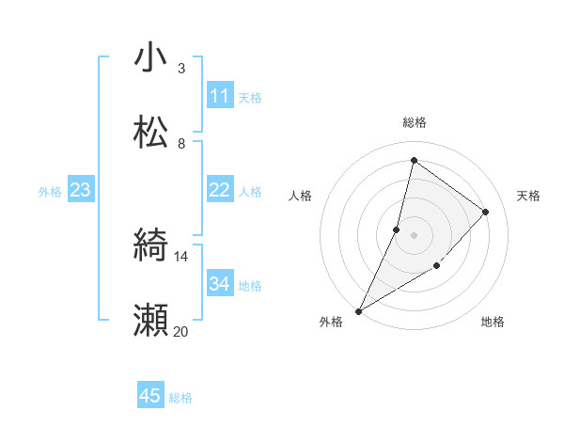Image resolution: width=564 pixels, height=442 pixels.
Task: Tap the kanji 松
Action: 151,133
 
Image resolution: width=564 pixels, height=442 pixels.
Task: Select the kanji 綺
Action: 151,246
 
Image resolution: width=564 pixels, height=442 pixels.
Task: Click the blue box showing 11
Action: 220,96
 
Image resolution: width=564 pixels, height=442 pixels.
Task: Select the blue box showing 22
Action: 220,190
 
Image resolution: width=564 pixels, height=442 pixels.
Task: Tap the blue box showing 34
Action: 220,284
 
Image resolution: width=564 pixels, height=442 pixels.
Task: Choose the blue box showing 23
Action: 81,190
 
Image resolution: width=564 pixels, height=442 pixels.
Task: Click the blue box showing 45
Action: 150,396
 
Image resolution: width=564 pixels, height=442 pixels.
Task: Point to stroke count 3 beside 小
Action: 181,68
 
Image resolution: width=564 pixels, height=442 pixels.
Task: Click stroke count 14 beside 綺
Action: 181,256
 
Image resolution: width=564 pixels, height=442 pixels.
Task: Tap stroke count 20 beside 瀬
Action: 181,331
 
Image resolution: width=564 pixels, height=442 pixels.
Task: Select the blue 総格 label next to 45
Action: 181,398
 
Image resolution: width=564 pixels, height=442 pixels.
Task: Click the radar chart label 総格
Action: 414,122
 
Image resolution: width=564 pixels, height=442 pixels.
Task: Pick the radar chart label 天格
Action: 528,196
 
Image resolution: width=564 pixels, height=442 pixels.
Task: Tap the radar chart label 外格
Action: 331,322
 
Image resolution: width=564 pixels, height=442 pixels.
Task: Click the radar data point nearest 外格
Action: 358,310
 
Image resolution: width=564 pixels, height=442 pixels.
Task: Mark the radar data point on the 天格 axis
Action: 486,212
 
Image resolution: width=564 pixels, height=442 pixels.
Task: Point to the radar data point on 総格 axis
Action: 414,161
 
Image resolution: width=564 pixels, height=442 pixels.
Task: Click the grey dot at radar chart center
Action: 414,235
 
